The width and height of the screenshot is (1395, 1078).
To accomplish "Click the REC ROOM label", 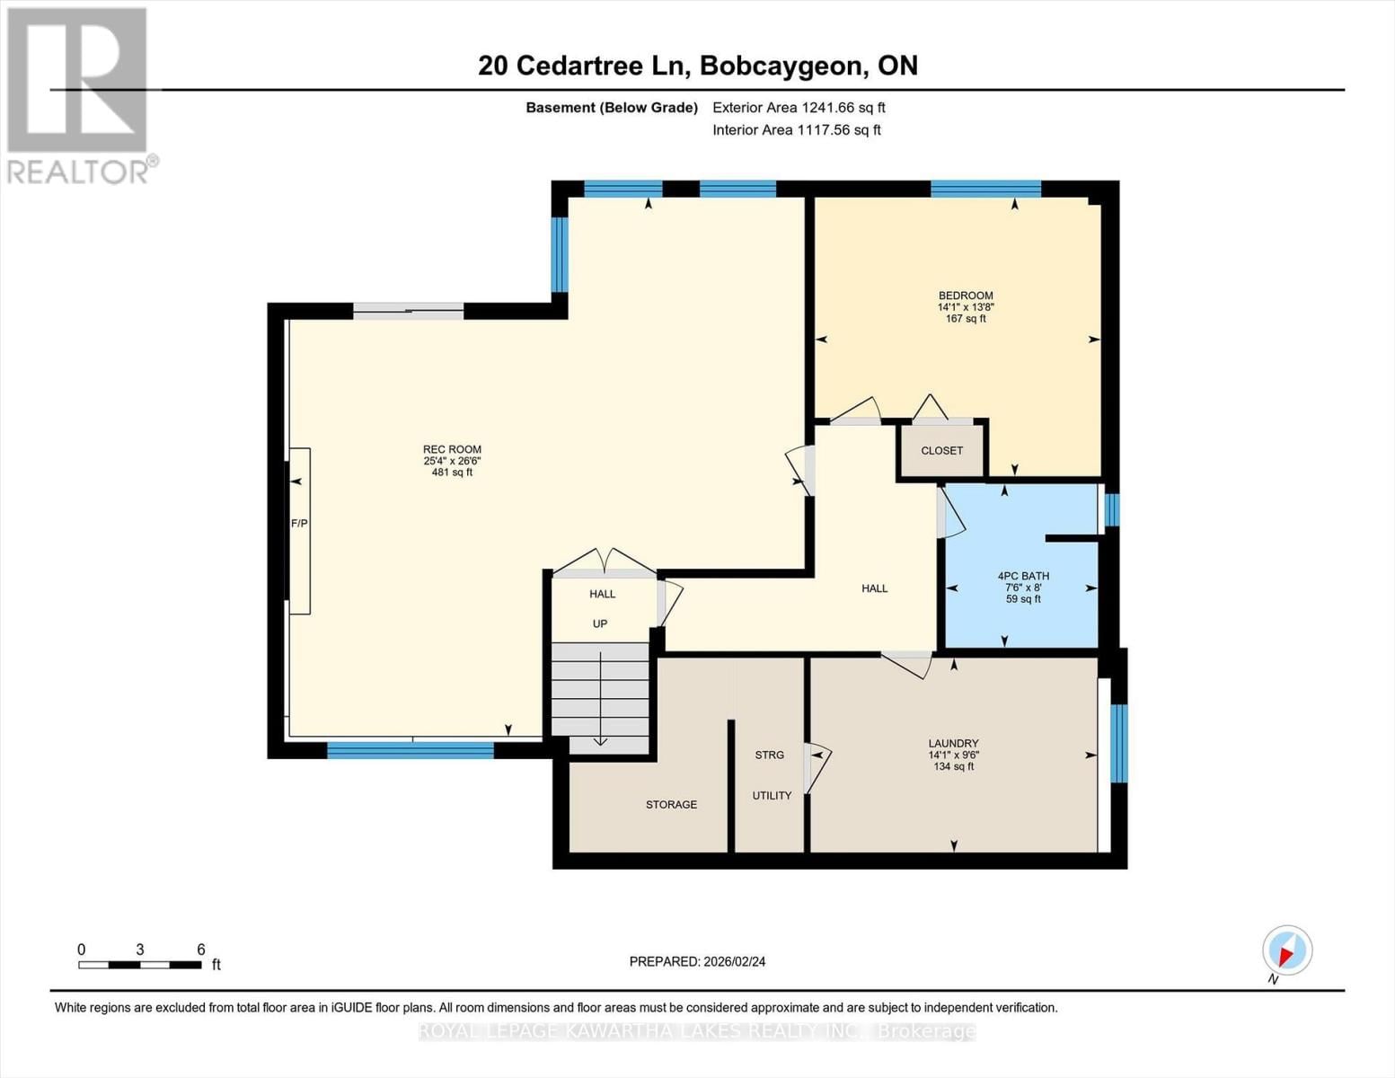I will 452,449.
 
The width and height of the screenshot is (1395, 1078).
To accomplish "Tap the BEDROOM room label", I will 966,296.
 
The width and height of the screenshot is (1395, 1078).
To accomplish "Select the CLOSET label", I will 941,451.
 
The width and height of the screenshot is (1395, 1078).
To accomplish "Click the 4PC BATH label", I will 1023,576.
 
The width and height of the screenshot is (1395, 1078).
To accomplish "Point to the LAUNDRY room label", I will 953,744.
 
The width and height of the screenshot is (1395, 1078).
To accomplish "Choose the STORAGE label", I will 671,805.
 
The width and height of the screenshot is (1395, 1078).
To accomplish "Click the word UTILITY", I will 772,796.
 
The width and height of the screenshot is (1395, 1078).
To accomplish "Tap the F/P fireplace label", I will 299,524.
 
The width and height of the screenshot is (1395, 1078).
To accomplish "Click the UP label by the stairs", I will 600,623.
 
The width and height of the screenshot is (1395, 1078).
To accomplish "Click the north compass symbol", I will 1286,950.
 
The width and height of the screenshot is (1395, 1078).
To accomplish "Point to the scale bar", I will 139,965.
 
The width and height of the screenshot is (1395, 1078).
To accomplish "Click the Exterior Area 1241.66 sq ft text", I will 799,108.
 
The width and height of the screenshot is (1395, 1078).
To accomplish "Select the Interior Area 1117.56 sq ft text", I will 796,130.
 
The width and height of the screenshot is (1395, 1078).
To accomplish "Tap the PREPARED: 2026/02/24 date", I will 697,962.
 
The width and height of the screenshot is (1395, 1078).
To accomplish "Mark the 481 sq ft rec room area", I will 452,473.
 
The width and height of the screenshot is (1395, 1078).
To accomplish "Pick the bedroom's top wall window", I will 985,189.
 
